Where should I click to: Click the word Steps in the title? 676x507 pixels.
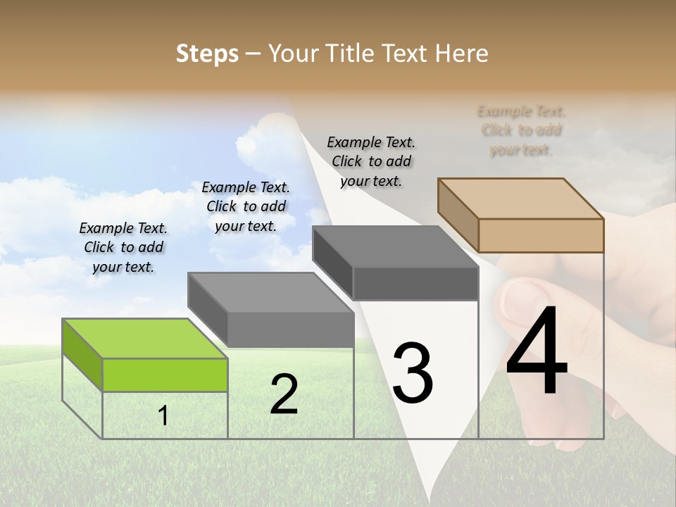coord(207,54)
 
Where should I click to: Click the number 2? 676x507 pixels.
coord(284,394)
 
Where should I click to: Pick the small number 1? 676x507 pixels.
coord(163,415)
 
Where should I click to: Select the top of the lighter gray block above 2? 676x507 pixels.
coord(270,292)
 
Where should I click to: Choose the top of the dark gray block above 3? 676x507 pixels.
coord(395,246)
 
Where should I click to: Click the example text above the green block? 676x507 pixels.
coord(123,247)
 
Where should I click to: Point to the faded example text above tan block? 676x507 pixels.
coord(521,130)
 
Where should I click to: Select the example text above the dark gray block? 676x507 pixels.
coord(371,161)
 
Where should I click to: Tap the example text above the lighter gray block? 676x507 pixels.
coord(246,206)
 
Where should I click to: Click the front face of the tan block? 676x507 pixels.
coord(541,235)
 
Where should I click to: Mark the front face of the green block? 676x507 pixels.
coord(165,375)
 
